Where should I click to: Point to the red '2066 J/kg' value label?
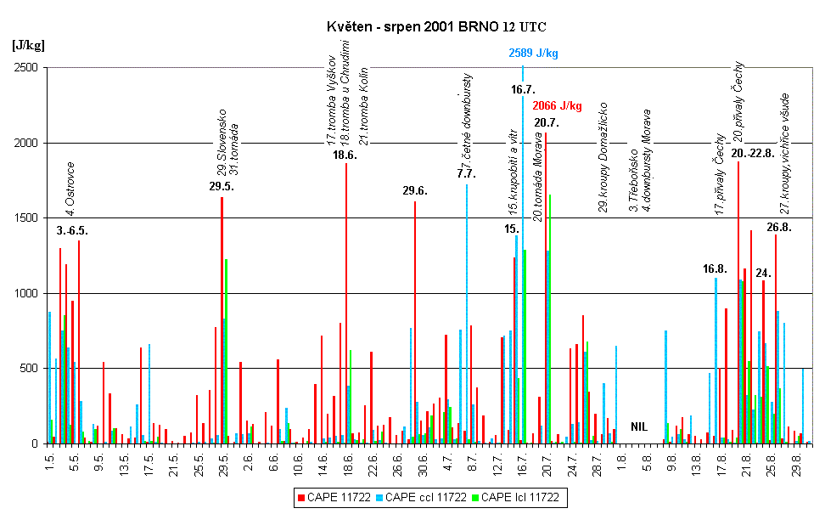pos(557,106)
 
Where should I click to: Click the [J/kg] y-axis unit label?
pos(28,44)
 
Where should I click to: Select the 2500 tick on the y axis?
pos(28,68)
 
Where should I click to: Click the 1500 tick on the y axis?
pos(28,218)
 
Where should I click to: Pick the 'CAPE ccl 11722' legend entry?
pos(425,497)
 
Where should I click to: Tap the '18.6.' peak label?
pos(345,155)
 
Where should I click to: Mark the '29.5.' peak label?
pos(222,187)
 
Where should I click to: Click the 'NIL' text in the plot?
pos(639,426)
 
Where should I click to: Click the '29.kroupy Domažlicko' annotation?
pos(603,158)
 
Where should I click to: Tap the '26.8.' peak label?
pos(778,228)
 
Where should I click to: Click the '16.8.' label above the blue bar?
pos(715,268)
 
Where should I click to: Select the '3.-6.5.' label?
pos(73,231)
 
